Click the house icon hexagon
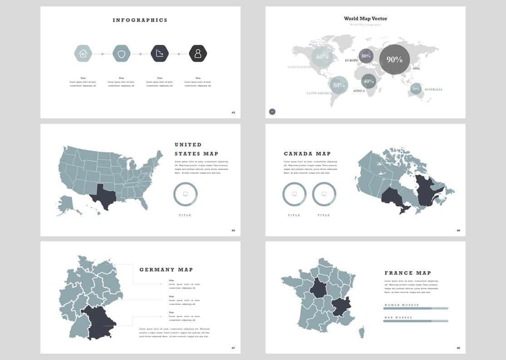(x=83, y=54)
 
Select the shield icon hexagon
(x=121, y=54)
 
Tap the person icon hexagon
(x=198, y=54)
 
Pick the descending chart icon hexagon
(x=159, y=54)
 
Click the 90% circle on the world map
(x=394, y=59)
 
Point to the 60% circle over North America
(x=322, y=57)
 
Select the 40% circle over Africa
(x=368, y=81)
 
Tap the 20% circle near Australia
(x=416, y=89)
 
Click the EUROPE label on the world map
(x=351, y=60)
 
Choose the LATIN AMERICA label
(x=319, y=93)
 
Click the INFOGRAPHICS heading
(x=140, y=20)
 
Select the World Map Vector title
(x=365, y=19)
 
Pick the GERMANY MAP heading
(x=166, y=270)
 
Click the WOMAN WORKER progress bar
(x=415, y=308)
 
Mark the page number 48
(x=458, y=348)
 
